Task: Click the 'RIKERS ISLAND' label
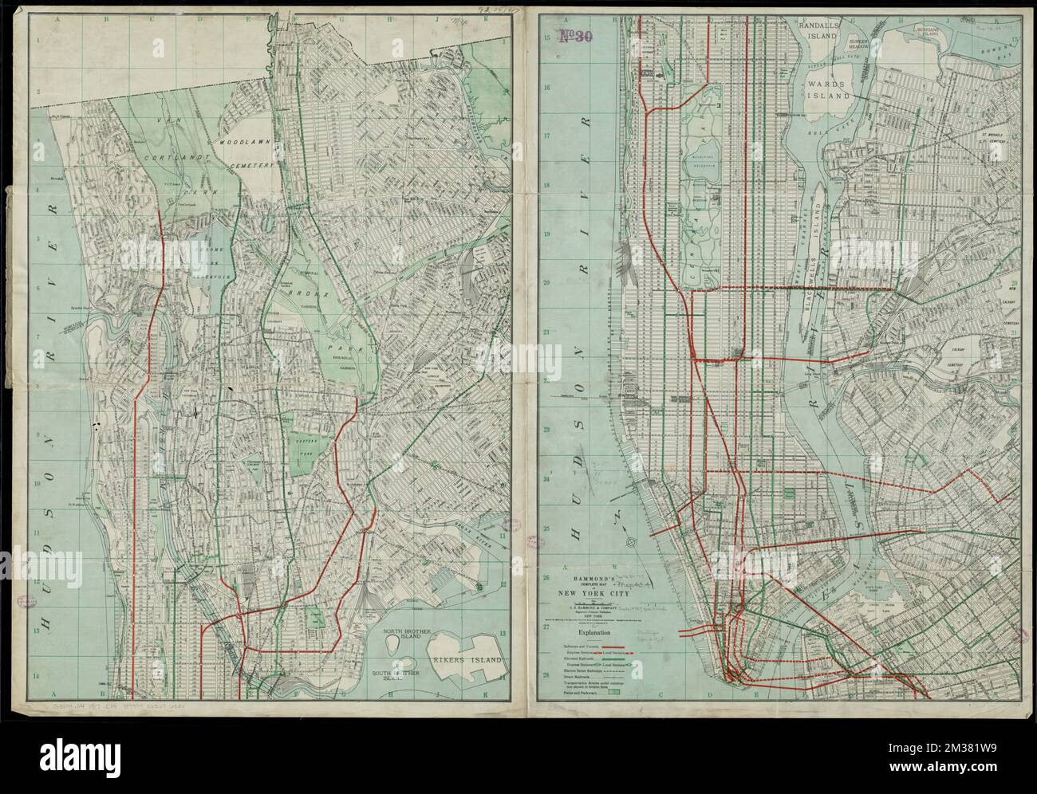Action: click(468, 661)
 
